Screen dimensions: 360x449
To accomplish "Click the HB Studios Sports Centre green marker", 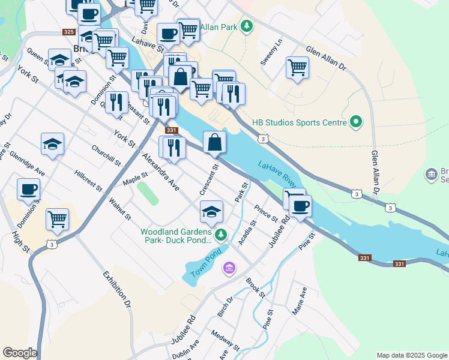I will tap(356, 122).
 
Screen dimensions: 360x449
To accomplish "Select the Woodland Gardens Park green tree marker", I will tap(221, 233).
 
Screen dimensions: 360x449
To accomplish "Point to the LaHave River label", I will tap(277, 173).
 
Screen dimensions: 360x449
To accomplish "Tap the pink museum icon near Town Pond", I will tap(229, 268).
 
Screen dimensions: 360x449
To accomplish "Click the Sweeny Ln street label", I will tap(271, 53).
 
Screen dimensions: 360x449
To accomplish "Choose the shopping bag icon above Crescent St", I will tap(214, 142).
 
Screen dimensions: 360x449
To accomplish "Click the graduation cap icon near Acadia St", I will tap(211, 212).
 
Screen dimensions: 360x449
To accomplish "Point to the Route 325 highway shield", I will tap(69, 31).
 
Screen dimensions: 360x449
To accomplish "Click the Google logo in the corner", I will tap(20, 353).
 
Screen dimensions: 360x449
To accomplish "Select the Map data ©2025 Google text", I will tap(412, 355).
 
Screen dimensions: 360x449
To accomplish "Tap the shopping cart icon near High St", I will tap(57, 219).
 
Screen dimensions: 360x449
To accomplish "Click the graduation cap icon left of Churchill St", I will tap(52, 144).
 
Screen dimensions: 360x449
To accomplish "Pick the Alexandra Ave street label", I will tap(160, 172).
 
